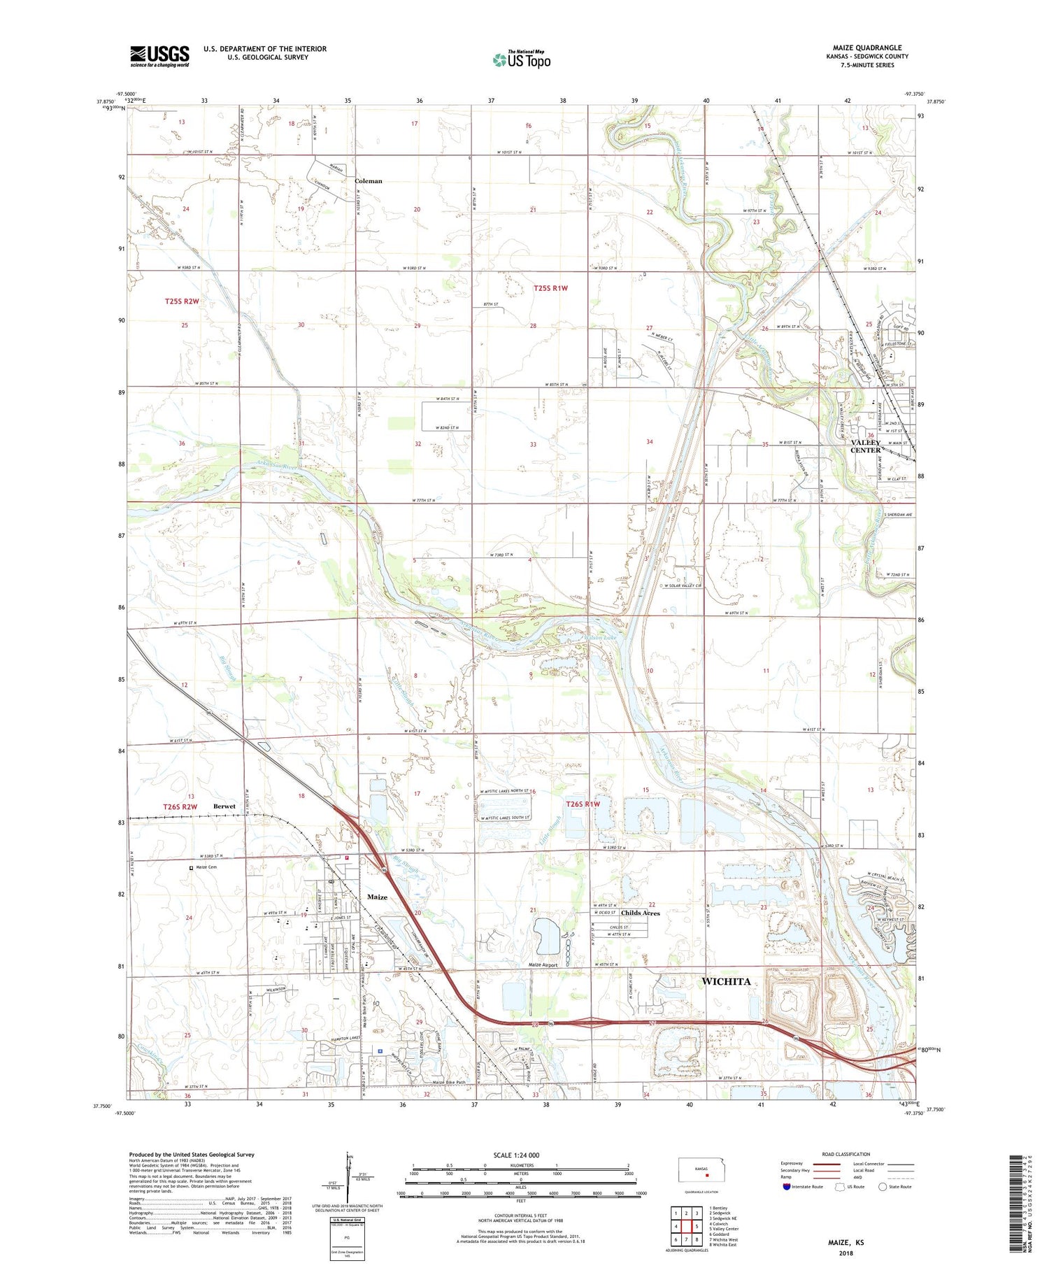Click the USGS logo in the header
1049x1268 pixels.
(x=159, y=56)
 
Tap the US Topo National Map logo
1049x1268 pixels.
(x=521, y=60)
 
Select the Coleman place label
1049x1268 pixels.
(x=369, y=181)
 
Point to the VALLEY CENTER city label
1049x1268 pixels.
(x=865, y=446)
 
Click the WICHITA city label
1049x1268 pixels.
(x=725, y=981)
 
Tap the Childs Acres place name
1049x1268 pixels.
(x=640, y=913)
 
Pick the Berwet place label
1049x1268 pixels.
(x=224, y=806)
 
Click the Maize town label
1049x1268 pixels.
(x=377, y=897)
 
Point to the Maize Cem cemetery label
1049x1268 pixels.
(x=206, y=867)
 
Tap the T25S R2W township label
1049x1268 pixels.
(x=182, y=301)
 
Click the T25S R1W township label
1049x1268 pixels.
(x=550, y=288)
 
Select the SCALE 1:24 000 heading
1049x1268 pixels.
(x=516, y=1155)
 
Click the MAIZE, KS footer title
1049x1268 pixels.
(x=845, y=1242)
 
